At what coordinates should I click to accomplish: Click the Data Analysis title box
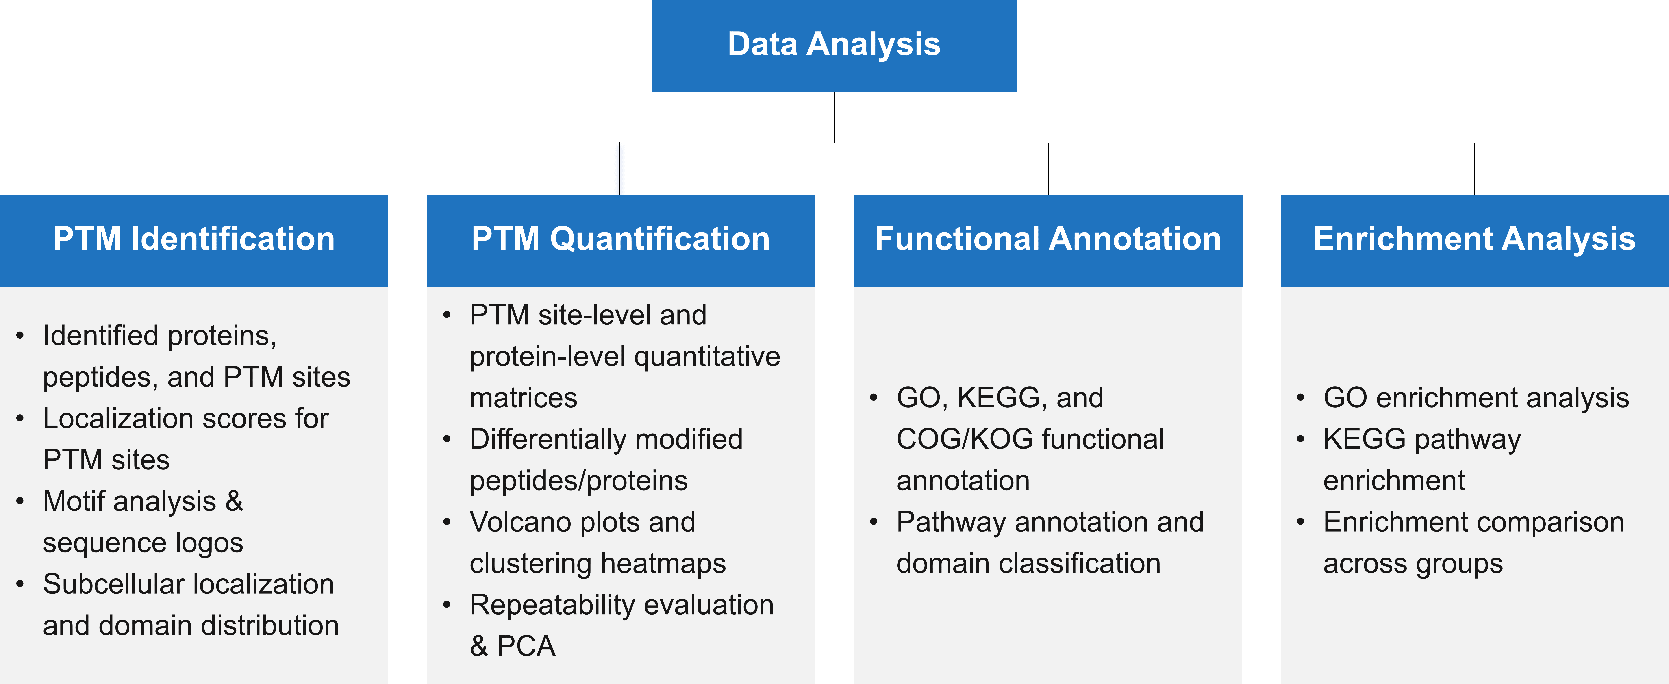click(x=834, y=45)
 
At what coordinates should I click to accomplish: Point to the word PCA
click(x=526, y=646)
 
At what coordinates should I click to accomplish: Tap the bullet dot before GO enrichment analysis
click(x=1300, y=398)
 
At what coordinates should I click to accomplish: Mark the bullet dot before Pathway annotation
click(x=873, y=522)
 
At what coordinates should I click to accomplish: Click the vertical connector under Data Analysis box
click(x=834, y=117)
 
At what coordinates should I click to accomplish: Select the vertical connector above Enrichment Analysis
click(x=1475, y=169)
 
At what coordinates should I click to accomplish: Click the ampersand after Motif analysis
click(x=234, y=501)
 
